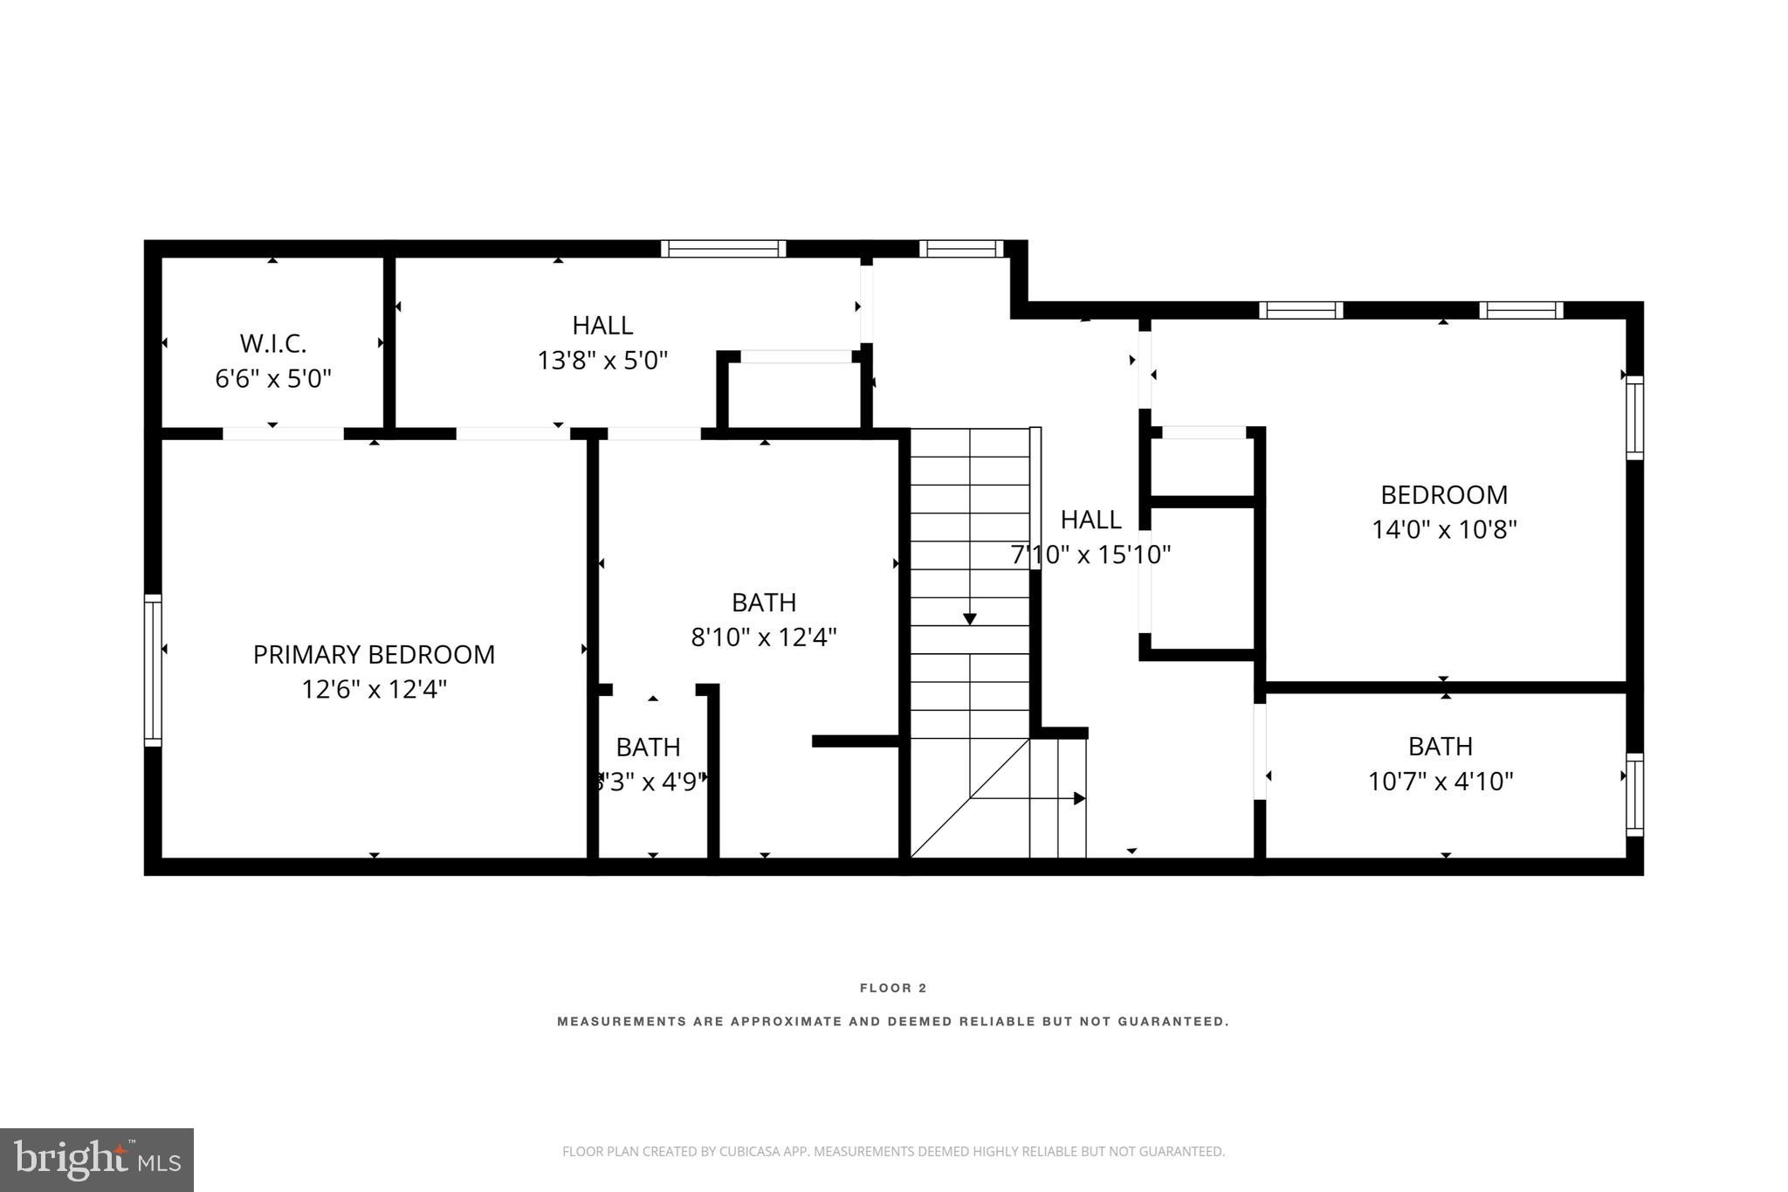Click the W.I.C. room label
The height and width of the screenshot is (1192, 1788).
click(x=272, y=342)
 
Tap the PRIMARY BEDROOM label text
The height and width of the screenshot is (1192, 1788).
click(x=374, y=654)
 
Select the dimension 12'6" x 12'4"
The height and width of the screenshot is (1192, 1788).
click(x=374, y=689)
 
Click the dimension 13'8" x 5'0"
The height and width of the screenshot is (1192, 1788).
click(x=602, y=360)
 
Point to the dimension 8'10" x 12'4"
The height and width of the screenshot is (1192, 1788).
click(x=764, y=637)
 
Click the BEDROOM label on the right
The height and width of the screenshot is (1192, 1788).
click(x=1444, y=494)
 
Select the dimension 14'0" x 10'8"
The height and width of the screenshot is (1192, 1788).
click(x=1444, y=529)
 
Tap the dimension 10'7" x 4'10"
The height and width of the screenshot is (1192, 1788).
click(x=1441, y=781)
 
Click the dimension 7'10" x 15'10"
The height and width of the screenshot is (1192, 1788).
click(x=1090, y=554)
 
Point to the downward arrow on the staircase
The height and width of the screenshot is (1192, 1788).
click(x=969, y=618)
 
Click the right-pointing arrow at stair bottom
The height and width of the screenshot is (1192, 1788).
click(x=1078, y=798)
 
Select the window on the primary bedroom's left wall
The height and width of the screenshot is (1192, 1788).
click(x=153, y=670)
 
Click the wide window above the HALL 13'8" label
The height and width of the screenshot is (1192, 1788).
click(x=723, y=249)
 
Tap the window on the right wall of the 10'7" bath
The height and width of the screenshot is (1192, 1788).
click(x=1634, y=794)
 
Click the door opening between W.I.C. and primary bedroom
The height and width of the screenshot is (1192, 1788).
click(x=283, y=433)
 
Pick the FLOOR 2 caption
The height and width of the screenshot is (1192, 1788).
click(x=893, y=988)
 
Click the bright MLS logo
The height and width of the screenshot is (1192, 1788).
click(x=97, y=1160)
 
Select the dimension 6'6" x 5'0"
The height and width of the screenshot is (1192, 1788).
click(x=272, y=378)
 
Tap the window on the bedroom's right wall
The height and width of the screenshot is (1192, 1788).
click(x=1634, y=417)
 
